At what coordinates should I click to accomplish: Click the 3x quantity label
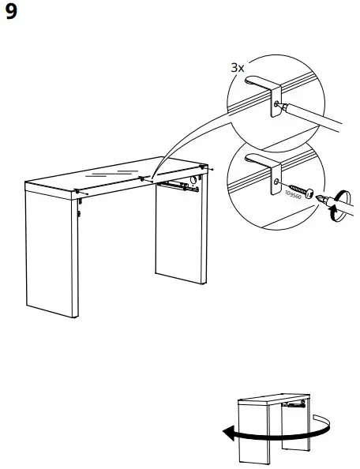click(x=237, y=68)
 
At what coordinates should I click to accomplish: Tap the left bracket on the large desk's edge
click(x=77, y=190)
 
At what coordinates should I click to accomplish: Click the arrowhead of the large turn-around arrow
click(x=227, y=433)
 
